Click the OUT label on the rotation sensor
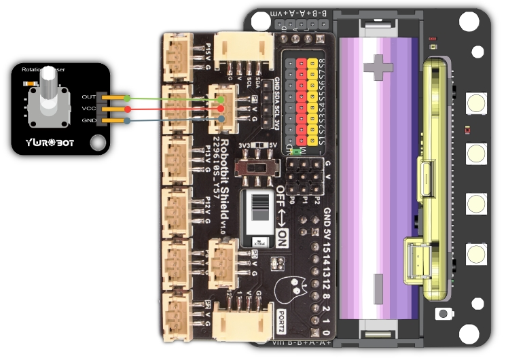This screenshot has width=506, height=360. (88, 97)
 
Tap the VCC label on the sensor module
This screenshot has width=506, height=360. (88, 109)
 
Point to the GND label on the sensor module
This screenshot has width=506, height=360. (88, 120)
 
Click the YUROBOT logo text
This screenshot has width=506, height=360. (50, 143)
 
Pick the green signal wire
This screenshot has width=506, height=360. (170, 98)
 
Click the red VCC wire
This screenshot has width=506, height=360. (170, 109)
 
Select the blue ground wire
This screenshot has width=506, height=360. (170, 121)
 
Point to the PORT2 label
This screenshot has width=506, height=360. (282, 323)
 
